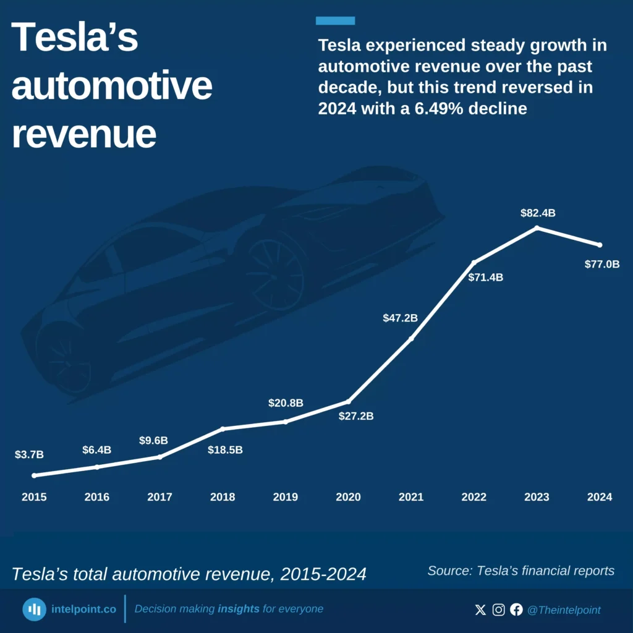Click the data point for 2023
tap(537, 227)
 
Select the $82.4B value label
tap(537, 213)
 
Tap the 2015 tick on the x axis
tap(34, 497)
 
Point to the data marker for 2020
tap(349, 402)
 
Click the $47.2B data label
tap(400, 318)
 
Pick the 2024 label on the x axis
tap(600, 497)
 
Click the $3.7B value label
tap(29, 454)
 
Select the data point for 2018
tap(223, 428)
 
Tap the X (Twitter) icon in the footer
tap(480, 610)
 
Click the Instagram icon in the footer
tap(498, 610)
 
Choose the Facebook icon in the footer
tap(516, 610)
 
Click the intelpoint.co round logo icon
tap(35, 610)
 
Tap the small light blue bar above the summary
tap(335, 21)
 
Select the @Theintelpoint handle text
tap(563, 610)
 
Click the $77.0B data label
tap(601, 264)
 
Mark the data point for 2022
tap(474, 263)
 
